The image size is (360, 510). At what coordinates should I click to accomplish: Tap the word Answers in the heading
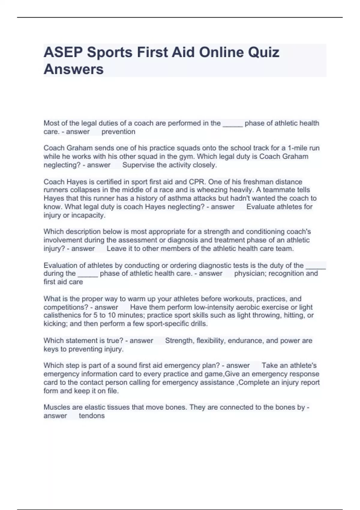pyautogui.click(x=73, y=69)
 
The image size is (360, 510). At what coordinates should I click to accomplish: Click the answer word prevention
pyautogui.click(x=118, y=132)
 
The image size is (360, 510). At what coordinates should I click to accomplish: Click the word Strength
pyautogui.click(x=179, y=340)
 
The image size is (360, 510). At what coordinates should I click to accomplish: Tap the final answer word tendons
pyautogui.click(x=91, y=416)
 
